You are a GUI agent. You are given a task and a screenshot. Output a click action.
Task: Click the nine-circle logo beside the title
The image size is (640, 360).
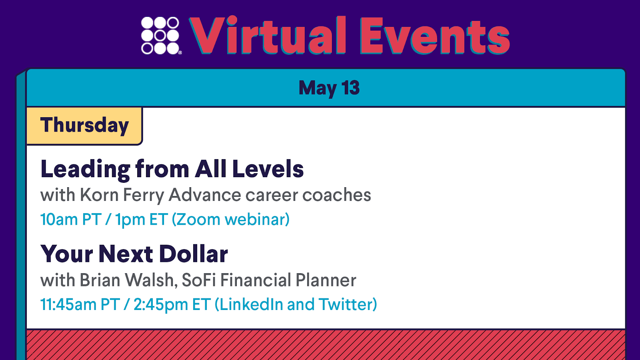click(160, 36)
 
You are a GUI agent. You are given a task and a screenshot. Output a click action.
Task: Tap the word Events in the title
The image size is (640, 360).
click(434, 36)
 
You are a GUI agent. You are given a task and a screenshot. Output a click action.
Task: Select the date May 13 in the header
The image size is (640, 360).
click(329, 88)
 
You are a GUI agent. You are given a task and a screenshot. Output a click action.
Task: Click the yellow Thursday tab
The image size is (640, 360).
click(84, 126)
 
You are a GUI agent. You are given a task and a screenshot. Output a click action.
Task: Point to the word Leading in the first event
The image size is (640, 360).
click(86, 170)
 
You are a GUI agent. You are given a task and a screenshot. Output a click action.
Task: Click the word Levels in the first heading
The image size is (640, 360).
click(268, 169)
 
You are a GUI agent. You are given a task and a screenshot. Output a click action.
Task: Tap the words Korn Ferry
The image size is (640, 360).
click(122, 195)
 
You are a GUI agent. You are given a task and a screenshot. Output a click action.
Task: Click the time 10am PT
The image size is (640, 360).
click(71, 220)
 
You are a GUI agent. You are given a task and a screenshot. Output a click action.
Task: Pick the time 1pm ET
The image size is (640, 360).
click(142, 220)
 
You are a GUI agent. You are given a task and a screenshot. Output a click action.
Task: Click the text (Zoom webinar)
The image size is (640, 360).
click(230, 220)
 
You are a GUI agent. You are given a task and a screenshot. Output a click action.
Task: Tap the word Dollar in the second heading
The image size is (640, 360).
click(194, 254)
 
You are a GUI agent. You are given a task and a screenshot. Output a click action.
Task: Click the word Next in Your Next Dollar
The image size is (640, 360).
click(126, 254)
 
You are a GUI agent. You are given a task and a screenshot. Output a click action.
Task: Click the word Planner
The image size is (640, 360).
click(326, 280)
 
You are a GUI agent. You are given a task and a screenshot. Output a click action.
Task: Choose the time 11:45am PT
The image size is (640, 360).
click(80, 304)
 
